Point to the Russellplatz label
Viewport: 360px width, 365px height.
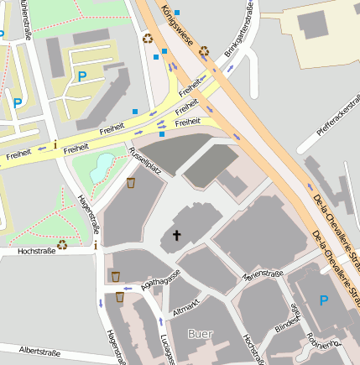pos(144,159)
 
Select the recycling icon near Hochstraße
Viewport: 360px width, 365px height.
pos(62,244)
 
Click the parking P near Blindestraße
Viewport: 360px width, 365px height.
pos(324,300)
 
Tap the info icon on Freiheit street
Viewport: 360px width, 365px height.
pos(55,144)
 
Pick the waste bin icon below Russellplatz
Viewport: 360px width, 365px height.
pos(131,181)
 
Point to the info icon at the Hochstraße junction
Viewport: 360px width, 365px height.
pos(96,245)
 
